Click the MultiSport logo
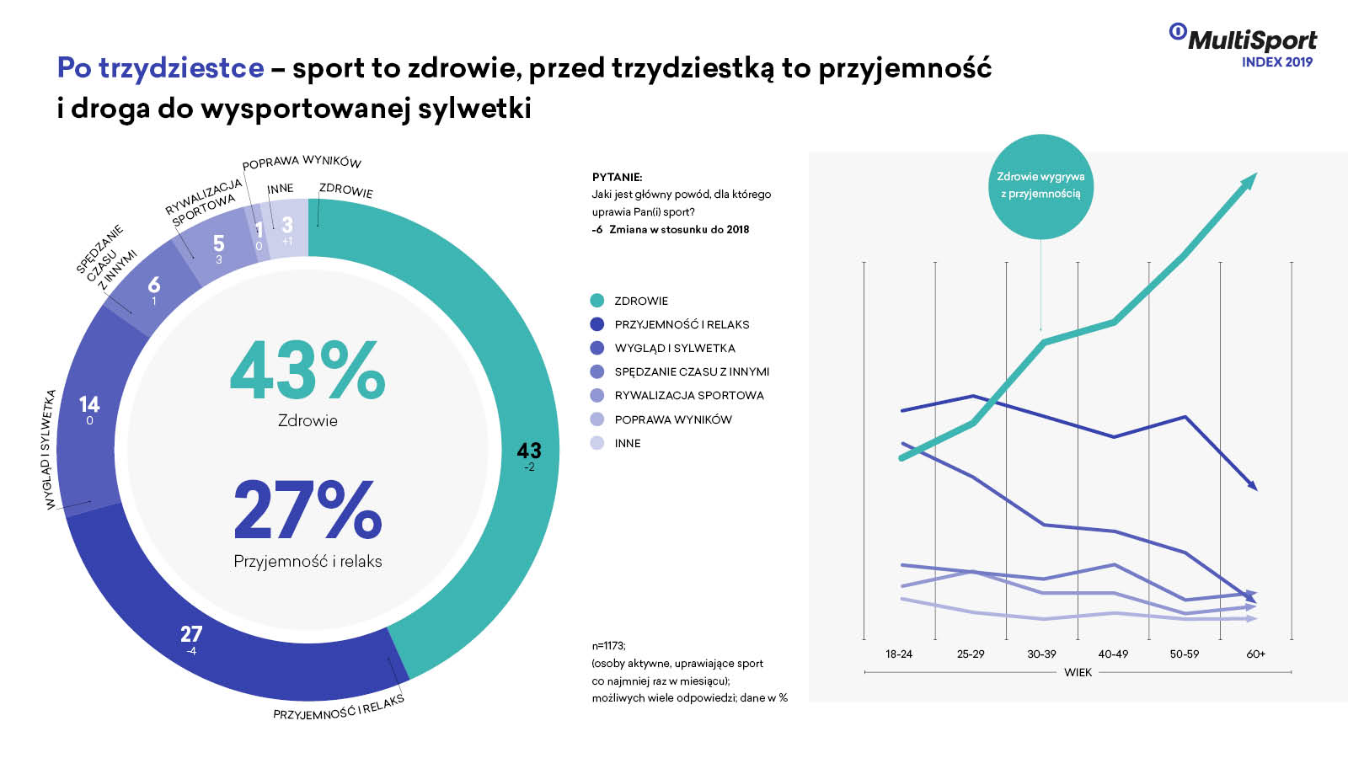(1244, 39)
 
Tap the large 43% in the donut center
(308, 370)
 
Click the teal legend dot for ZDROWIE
(597, 301)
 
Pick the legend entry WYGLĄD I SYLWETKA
(674, 348)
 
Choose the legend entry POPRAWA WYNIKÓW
(672, 419)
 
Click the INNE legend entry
(627, 443)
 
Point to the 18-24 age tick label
(899, 654)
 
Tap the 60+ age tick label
(1255, 654)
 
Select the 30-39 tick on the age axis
(1041, 654)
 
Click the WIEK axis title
(1078, 672)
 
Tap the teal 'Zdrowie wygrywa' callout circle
(1040, 186)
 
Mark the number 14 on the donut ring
(89, 405)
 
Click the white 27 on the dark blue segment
(191, 634)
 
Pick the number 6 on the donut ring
(153, 286)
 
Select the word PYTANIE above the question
(617, 177)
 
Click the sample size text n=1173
(608, 645)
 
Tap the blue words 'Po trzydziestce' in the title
(160, 67)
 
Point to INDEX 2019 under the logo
(1276, 61)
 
